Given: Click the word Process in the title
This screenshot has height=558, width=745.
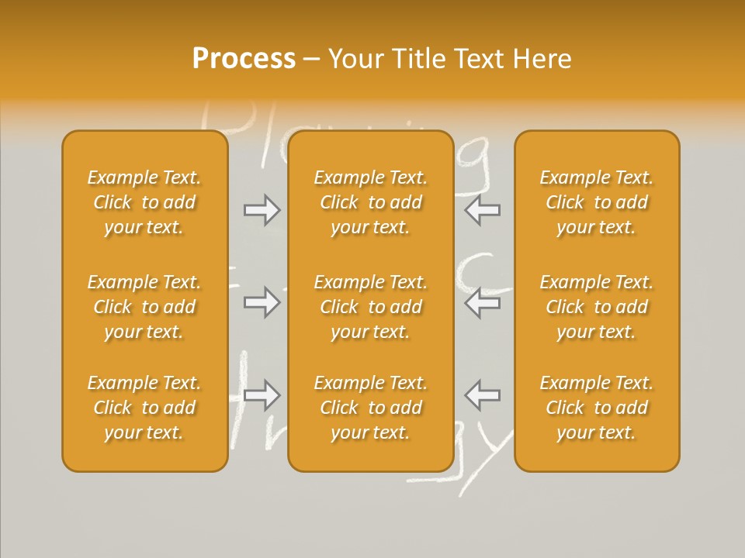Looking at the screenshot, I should click(244, 59).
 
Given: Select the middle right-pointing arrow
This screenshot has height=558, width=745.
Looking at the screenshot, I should click(262, 302).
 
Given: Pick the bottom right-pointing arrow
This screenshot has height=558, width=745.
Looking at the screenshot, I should click(262, 395).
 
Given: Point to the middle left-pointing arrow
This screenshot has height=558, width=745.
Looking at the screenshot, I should click(482, 302).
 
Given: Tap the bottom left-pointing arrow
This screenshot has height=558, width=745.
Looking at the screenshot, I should click(482, 395).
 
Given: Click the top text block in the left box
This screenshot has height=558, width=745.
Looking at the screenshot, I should click(144, 202).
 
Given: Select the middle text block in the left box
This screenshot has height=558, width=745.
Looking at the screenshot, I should click(144, 307).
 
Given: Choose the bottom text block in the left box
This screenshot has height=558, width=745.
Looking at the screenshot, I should click(144, 408).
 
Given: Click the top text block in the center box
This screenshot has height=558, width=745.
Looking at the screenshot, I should click(370, 202).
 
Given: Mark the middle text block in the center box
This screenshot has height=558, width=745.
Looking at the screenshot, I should click(370, 307).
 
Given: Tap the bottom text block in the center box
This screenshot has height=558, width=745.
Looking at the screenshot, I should click(370, 408).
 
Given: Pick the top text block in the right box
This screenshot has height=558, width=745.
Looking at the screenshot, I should click(596, 202).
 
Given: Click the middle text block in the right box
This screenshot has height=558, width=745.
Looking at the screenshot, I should click(596, 307).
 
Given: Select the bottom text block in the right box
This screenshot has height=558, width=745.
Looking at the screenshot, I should click(596, 408).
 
